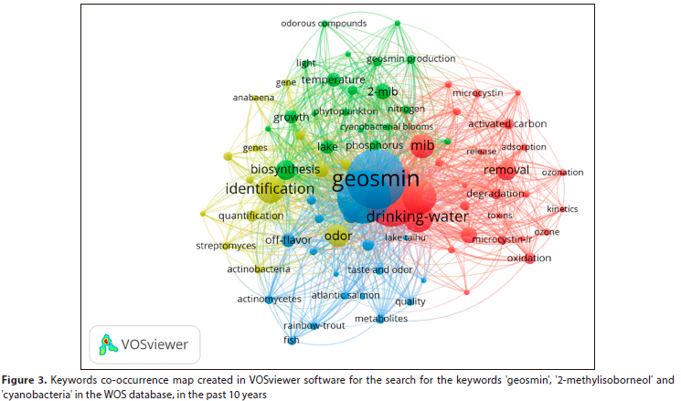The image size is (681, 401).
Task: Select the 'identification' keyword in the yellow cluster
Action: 270,189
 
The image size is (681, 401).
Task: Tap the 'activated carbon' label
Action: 507,123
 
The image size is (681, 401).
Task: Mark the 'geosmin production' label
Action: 410,59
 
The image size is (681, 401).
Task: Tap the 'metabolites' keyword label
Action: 381,319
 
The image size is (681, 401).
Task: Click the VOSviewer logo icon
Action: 109,344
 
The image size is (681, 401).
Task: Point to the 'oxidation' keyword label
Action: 529,259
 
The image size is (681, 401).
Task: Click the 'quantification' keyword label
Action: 251,216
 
